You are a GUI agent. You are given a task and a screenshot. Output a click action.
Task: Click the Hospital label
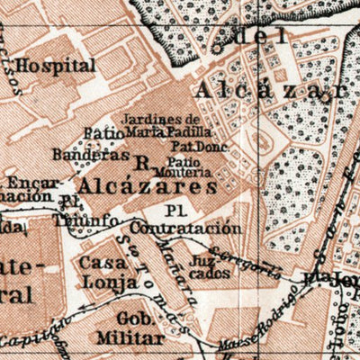(56, 66)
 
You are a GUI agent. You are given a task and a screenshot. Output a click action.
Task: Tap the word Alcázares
(147, 185)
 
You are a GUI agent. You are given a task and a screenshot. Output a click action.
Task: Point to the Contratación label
(203, 229)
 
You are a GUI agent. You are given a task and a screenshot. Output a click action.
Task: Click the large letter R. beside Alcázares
(140, 165)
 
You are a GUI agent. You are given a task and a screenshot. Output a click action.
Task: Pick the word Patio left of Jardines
(103, 133)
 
